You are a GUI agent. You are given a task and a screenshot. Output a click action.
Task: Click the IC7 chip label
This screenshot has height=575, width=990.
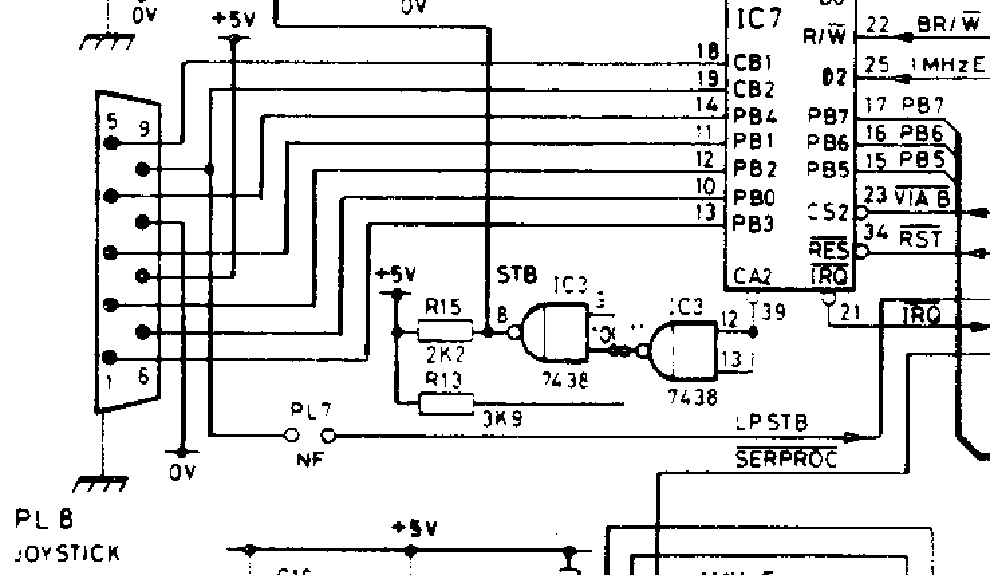point(759,19)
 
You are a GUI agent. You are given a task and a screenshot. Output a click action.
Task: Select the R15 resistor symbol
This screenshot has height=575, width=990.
point(445,331)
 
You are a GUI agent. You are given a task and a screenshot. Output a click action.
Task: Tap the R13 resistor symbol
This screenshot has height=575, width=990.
point(445,403)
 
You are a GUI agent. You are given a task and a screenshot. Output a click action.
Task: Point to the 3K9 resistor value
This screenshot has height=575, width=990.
point(502,419)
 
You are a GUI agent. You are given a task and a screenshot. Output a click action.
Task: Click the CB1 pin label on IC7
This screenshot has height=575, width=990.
point(754,63)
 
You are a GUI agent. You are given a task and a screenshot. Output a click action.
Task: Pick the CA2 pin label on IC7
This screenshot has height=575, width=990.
point(752,276)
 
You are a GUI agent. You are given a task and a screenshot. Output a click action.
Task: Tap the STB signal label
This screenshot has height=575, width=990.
point(516,274)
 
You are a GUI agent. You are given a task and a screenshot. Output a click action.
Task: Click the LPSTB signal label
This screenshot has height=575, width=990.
point(772,422)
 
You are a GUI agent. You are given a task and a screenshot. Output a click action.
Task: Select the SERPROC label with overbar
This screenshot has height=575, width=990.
point(786,459)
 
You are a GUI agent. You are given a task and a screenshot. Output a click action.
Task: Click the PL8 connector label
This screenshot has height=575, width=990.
point(45,519)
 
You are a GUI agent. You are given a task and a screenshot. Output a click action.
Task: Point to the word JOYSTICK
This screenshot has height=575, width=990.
point(67,554)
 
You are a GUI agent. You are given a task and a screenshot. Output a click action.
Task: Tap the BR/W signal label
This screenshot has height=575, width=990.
point(948,24)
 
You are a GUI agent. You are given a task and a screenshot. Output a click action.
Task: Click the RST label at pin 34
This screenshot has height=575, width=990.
point(920,237)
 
